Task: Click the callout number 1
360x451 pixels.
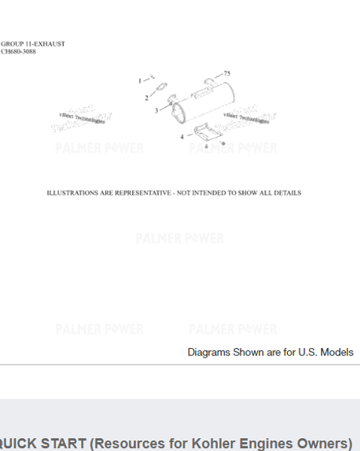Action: tap(139, 80)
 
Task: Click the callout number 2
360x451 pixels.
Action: tap(147, 98)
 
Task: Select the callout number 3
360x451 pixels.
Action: tap(156, 110)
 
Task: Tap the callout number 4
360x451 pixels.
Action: tap(181, 137)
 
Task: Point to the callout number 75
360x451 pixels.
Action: tap(227, 74)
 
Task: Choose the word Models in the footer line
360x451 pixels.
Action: tap(337, 352)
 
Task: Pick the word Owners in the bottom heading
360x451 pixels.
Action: tap(316, 443)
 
